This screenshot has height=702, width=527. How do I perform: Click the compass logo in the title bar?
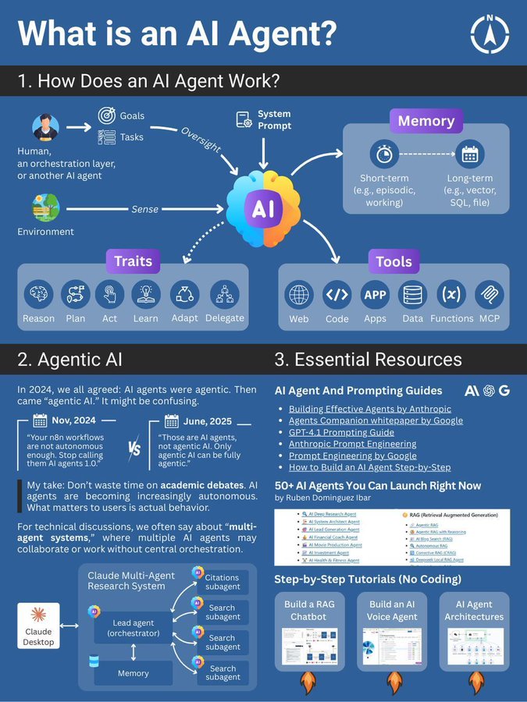(490, 34)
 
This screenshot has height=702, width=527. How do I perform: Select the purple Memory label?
(426, 121)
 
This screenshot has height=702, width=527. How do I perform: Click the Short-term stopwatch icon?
(383, 154)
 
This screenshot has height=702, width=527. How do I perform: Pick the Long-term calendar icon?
(469, 154)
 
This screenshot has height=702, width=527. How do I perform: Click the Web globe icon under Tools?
(299, 296)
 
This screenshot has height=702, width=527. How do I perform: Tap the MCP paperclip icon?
(490, 296)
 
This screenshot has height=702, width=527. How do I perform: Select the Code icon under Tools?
(336, 296)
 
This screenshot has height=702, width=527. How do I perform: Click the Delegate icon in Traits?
(225, 295)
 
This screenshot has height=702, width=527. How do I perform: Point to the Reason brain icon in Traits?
(38, 295)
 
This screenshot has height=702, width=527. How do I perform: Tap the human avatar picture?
(46, 128)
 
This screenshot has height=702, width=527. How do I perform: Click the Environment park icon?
(45, 207)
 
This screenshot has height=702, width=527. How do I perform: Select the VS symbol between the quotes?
(133, 450)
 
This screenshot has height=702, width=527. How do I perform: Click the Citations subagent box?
(222, 583)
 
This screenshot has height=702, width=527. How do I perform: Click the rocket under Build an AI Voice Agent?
(391, 683)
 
